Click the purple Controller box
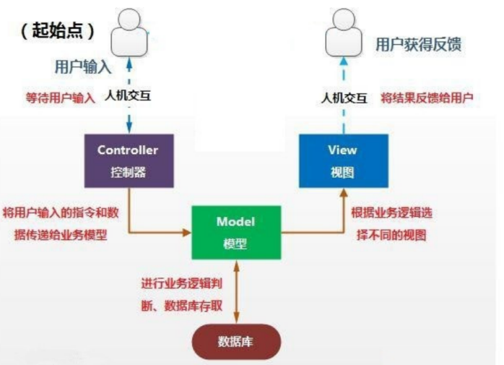click(129, 160)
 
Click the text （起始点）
click(58, 32)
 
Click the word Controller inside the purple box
click(128, 150)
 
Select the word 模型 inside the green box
click(236, 244)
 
